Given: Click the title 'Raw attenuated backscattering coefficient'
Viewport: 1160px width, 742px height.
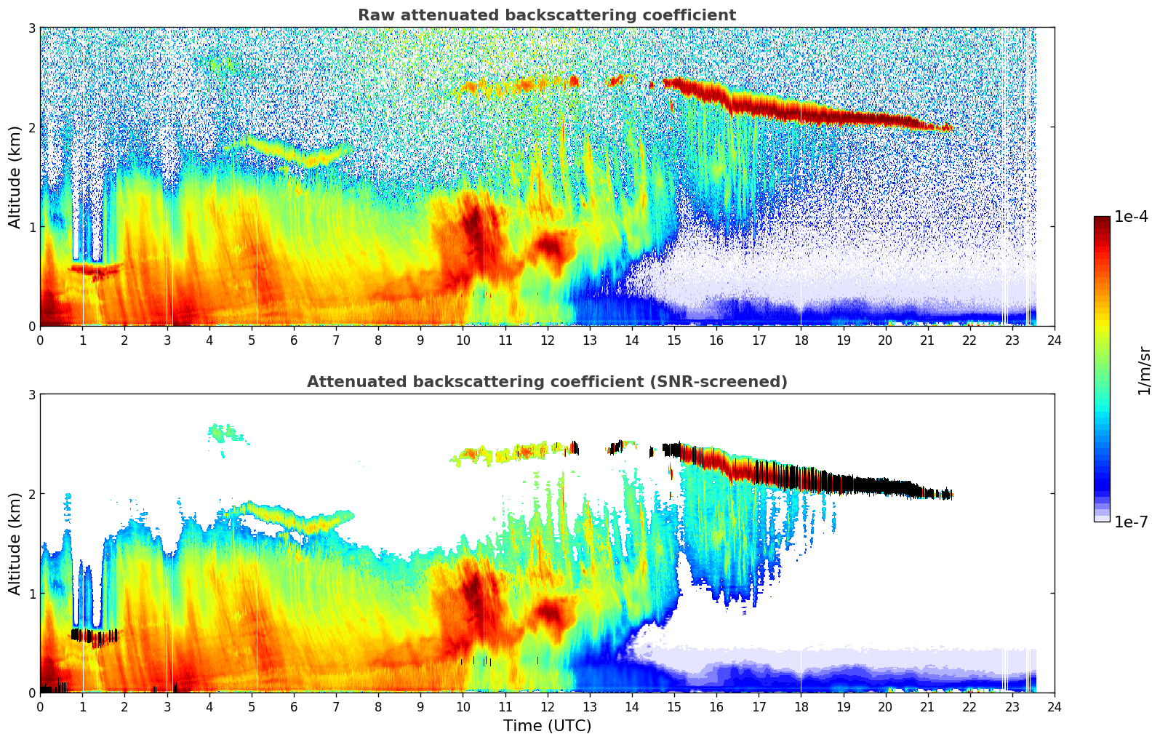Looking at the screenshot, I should [x=546, y=15].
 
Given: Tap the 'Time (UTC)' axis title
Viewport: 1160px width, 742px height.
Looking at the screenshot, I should [x=547, y=726].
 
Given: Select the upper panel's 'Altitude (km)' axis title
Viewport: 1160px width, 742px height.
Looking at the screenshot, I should [x=15, y=177].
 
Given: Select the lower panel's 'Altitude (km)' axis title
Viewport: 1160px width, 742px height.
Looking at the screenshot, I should [x=15, y=543].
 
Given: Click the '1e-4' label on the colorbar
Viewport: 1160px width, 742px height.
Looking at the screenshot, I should [x=1131, y=217].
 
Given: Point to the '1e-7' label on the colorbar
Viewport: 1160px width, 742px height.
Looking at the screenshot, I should [x=1131, y=522].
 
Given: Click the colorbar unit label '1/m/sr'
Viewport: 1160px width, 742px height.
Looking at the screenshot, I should [x=1144, y=370].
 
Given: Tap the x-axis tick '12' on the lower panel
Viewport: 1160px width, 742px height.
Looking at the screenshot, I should [x=547, y=707].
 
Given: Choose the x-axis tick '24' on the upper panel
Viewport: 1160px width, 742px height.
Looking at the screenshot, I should [x=1054, y=340].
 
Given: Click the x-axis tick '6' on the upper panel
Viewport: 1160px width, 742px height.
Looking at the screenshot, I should [x=294, y=340].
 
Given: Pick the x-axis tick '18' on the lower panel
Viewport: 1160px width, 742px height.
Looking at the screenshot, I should [x=801, y=707].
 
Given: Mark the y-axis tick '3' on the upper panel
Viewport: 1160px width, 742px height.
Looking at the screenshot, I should [x=32, y=28].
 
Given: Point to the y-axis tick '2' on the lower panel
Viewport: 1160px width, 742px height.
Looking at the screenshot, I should [x=32, y=494].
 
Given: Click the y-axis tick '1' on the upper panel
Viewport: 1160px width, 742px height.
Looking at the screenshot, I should [x=32, y=227].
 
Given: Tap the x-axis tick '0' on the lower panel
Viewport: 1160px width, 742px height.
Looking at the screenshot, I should [x=40, y=707].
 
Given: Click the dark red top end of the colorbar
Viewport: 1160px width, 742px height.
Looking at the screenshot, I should [x=1102, y=220].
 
